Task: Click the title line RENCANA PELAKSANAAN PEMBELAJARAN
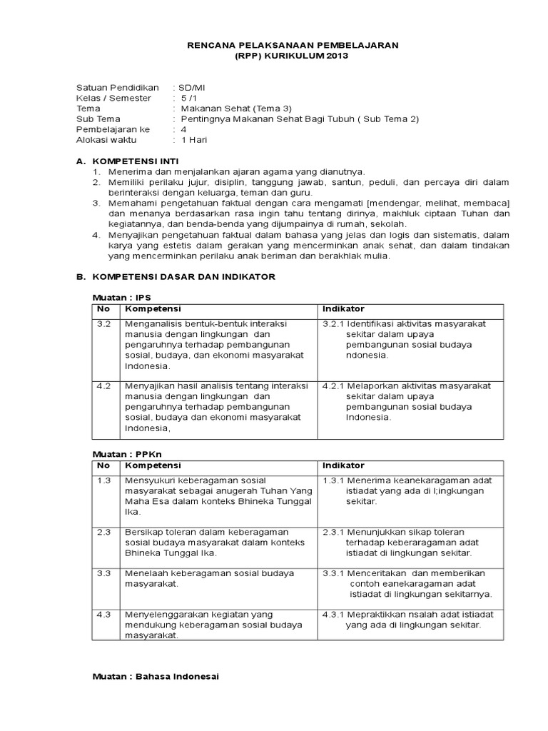[293, 45]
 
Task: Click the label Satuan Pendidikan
[118, 87]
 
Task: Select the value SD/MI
[191, 87]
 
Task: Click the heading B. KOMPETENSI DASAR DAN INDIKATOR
[176, 276]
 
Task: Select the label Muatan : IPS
[122, 297]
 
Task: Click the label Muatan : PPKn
[127, 454]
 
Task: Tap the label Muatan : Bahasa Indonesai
[156, 677]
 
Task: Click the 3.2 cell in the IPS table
[103, 323]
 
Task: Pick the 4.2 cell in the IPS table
[103, 385]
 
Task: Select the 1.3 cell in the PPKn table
[103, 480]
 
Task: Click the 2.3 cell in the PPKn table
[103, 532]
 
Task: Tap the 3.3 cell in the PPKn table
[103, 573]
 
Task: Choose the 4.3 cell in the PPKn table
[103, 614]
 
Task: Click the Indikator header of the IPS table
[343, 309]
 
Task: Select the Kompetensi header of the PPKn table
[153, 465]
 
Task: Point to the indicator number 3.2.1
[333, 323]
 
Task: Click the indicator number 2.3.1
[333, 532]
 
